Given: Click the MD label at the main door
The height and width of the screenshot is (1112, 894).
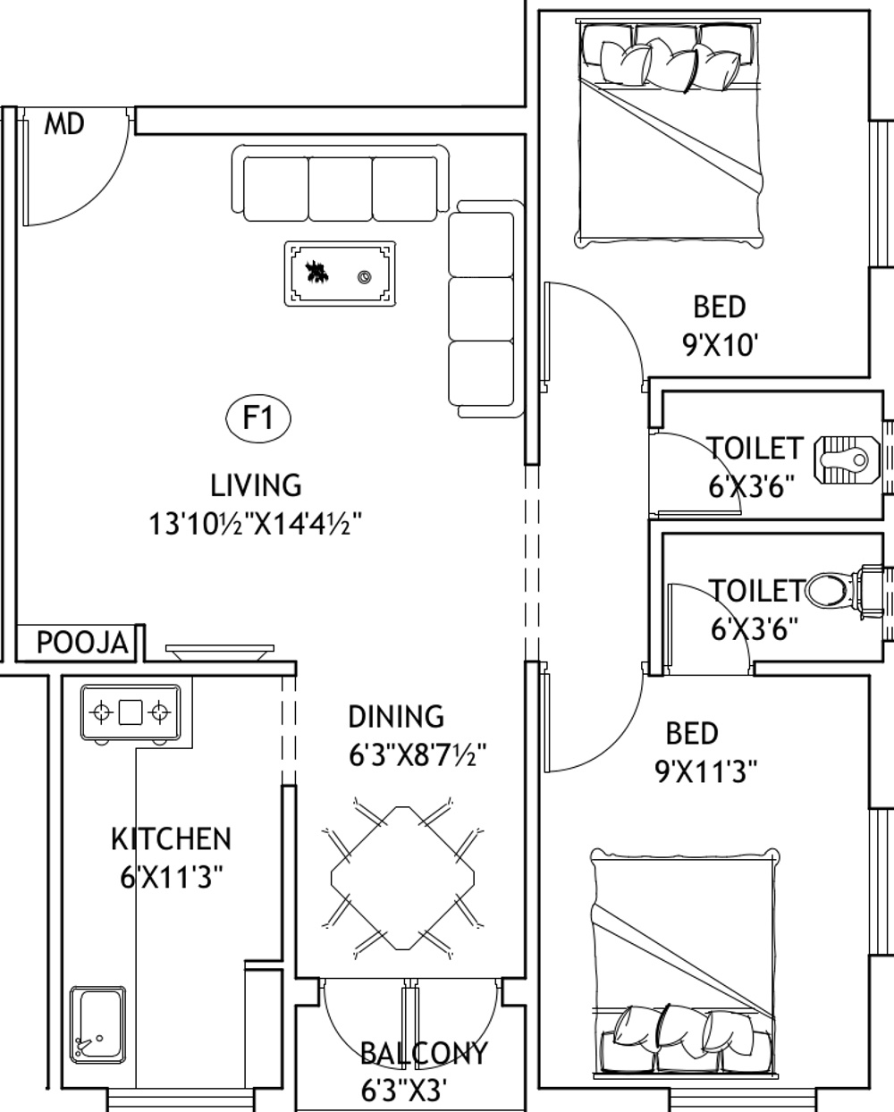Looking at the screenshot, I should coord(64,124).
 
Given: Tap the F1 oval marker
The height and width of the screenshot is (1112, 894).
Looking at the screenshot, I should coord(257,417).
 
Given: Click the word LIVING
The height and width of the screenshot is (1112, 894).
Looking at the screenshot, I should coord(256,485).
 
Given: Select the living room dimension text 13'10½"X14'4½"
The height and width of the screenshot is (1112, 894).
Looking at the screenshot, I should coord(256,524).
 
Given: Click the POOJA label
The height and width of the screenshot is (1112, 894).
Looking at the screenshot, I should coord(82,643).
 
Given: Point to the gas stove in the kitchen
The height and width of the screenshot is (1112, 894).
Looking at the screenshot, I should coord(131,712).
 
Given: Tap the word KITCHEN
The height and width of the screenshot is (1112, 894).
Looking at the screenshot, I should coord(171,839).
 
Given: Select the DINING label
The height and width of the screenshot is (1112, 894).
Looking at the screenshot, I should coord(395,716).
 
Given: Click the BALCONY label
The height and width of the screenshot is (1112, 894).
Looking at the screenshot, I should coord(424,1054).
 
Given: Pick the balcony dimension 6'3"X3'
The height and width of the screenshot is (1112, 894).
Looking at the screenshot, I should coord(404,1090).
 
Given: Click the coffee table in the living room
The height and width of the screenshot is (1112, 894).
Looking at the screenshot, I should coord(340,274).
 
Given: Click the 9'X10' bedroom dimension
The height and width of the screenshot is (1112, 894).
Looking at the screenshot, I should coord(721,345).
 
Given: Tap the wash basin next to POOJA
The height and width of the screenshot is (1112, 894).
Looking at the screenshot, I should coord(217,653).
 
